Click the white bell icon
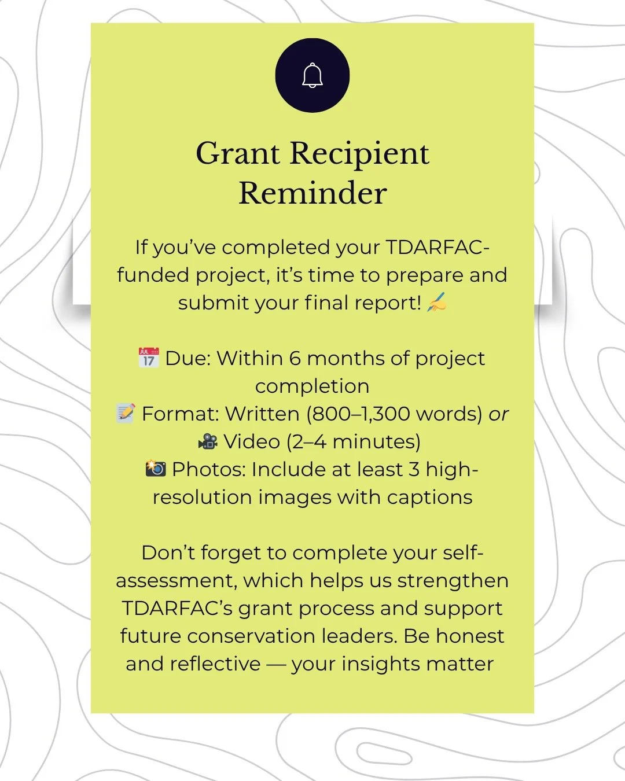coord(312,76)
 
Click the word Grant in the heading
coord(238,154)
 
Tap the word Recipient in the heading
coord(359,154)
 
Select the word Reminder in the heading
coord(312,193)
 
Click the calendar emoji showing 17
coord(149,358)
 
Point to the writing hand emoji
coord(437,303)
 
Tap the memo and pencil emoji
coord(126,414)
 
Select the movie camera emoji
coord(208,442)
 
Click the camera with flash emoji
coord(156,469)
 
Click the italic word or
coord(498,414)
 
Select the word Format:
coord(180,414)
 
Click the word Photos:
coord(208,469)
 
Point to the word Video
coord(252,442)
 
